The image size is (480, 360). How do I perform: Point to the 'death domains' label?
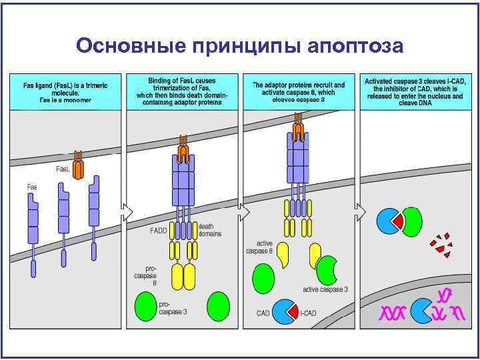tap(211, 230)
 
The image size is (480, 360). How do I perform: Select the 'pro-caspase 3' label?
tap(173, 307)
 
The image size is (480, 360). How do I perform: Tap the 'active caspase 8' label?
tap(259, 247)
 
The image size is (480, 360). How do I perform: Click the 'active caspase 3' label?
tap(325, 289)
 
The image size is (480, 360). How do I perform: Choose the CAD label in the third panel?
tap(263, 313)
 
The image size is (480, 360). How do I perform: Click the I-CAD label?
tap(308, 313)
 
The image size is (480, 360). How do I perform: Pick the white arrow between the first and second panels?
tap(127, 212)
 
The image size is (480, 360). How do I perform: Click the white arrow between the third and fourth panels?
tap(361, 212)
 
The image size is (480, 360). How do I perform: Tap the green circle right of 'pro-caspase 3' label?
tap(218, 307)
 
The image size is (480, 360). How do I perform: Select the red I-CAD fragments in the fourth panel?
tap(441, 244)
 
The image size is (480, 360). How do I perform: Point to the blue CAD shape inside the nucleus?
tap(421, 310)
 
